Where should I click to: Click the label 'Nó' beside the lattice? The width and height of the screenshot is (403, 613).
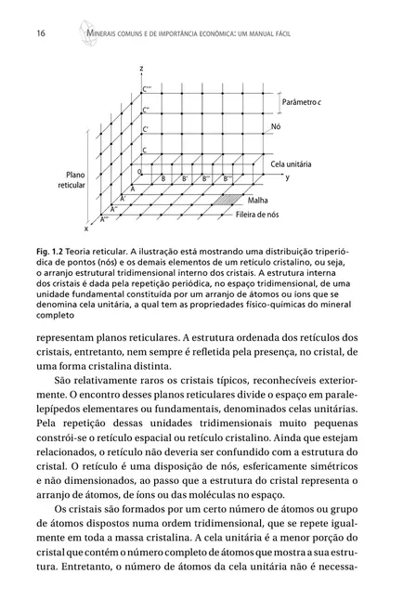pos(275,125)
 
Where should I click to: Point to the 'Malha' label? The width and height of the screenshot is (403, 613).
pos(259,201)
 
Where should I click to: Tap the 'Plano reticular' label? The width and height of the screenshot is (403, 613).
pos(71,180)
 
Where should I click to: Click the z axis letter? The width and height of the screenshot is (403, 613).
pos(141,70)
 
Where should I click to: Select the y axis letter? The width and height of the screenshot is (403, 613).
pos(287,176)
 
